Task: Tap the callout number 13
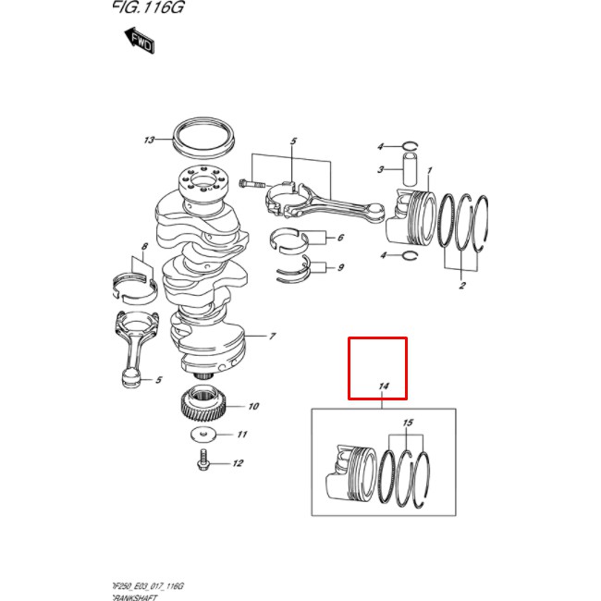click(149, 141)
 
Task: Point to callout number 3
click(380, 170)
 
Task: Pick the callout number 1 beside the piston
click(430, 170)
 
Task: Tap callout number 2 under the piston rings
click(461, 286)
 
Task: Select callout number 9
click(340, 268)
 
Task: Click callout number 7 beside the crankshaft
click(273, 336)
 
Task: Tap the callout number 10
click(252, 406)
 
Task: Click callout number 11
click(241, 435)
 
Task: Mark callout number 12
click(237, 463)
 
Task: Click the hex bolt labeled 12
click(202, 460)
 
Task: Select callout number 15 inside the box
click(404, 423)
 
